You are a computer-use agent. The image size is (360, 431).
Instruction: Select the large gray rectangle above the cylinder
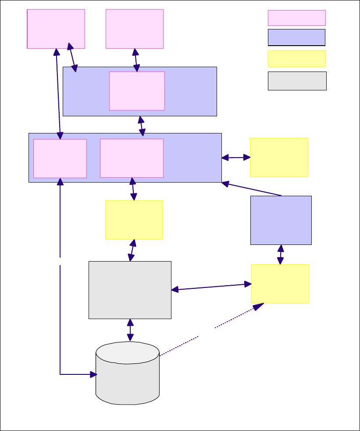click(130, 290)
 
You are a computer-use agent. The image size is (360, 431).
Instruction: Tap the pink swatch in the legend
click(296, 18)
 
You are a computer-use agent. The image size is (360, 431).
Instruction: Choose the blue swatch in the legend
click(296, 38)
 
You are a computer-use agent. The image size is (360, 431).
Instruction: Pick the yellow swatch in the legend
click(296, 58)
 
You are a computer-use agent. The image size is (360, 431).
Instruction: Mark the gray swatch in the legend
click(297, 81)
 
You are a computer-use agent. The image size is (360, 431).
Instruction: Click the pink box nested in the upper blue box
click(137, 91)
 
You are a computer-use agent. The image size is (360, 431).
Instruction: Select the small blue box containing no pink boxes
click(281, 220)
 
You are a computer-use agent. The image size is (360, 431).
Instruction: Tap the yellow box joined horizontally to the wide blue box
click(279, 157)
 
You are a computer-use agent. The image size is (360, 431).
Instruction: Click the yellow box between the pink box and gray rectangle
click(134, 219)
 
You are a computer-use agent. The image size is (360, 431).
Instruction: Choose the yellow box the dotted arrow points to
click(280, 284)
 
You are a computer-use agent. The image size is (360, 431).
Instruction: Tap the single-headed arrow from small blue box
click(252, 189)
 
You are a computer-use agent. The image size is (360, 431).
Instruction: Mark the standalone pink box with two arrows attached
click(56, 29)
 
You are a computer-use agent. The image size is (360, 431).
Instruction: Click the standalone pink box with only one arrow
click(135, 29)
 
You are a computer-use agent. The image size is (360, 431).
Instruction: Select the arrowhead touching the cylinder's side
click(93, 374)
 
